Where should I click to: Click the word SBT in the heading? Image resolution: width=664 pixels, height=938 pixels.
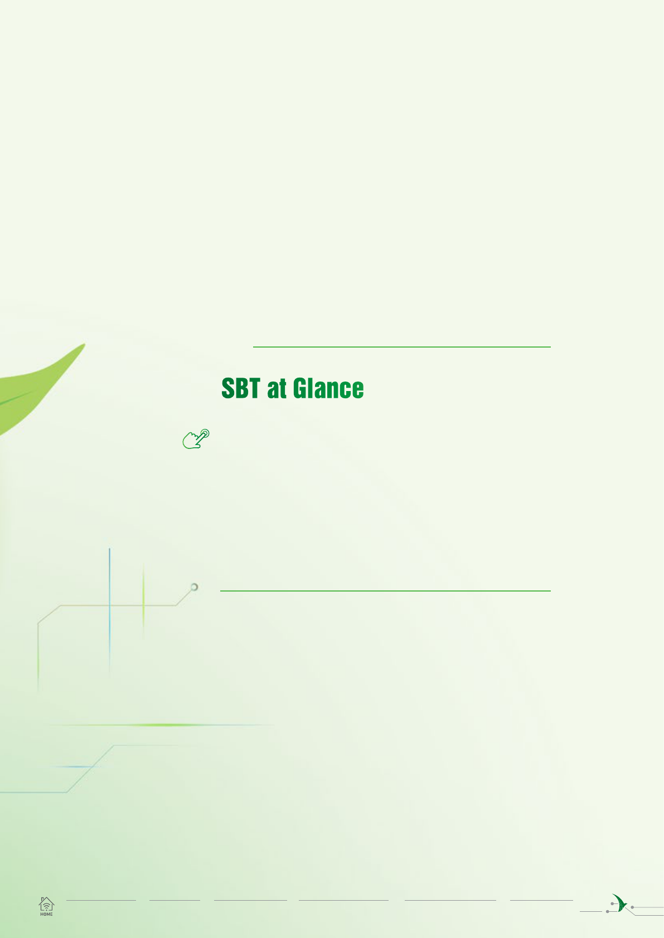[241, 388]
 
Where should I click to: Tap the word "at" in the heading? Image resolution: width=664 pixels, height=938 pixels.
[277, 389]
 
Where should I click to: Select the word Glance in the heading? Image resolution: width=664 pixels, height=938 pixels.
[328, 388]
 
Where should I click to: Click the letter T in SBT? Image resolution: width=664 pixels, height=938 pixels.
[254, 388]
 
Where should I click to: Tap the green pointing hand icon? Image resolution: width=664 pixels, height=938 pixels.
[196, 439]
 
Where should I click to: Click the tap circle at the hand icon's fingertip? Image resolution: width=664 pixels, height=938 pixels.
[205, 433]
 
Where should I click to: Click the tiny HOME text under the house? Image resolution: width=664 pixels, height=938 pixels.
[46, 914]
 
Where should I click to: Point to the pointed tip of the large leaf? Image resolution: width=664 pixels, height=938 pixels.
[85, 344]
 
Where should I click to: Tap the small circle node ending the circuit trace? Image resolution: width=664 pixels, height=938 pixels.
[194, 587]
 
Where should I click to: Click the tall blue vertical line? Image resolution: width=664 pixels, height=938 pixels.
[109, 612]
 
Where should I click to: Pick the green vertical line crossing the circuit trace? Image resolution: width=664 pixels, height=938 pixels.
[143, 601]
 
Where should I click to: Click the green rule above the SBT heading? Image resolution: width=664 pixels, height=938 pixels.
[401, 346]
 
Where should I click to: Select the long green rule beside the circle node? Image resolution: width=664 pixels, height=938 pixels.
[385, 591]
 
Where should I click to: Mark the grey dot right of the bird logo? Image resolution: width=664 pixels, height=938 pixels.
[632, 907]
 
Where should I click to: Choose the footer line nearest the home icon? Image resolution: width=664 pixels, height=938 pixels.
[101, 900]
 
